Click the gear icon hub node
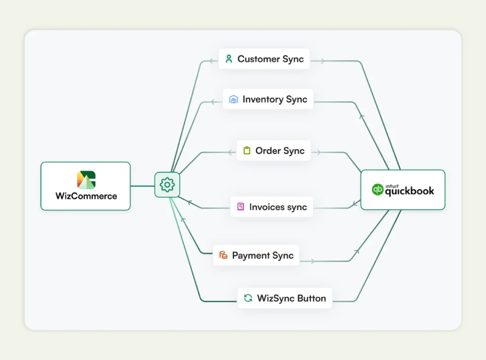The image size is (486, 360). (167, 184)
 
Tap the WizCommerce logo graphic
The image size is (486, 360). (86, 180)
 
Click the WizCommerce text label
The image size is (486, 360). (86, 196)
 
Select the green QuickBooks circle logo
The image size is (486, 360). (378, 190)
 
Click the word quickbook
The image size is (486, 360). (409, 191)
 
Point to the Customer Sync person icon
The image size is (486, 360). (229, 59)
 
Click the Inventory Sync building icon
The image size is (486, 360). (233, 99)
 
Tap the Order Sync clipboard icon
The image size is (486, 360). (246, 151)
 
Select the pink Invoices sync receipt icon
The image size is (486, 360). (241, 207)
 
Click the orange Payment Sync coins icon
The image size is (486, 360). (223, 255)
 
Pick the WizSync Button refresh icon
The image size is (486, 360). (248, 298)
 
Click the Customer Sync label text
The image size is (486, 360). (270, 59)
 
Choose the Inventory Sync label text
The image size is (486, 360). (275, 99)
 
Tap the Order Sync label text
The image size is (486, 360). (280, 151)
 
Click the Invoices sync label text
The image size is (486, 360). (278, 207)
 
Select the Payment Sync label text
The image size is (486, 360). (263, 255)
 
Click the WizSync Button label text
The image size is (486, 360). (291, 298)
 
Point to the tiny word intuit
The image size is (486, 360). (392, 184)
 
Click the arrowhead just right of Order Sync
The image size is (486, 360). (318, 152)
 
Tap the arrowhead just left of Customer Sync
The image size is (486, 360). (211, 61)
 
